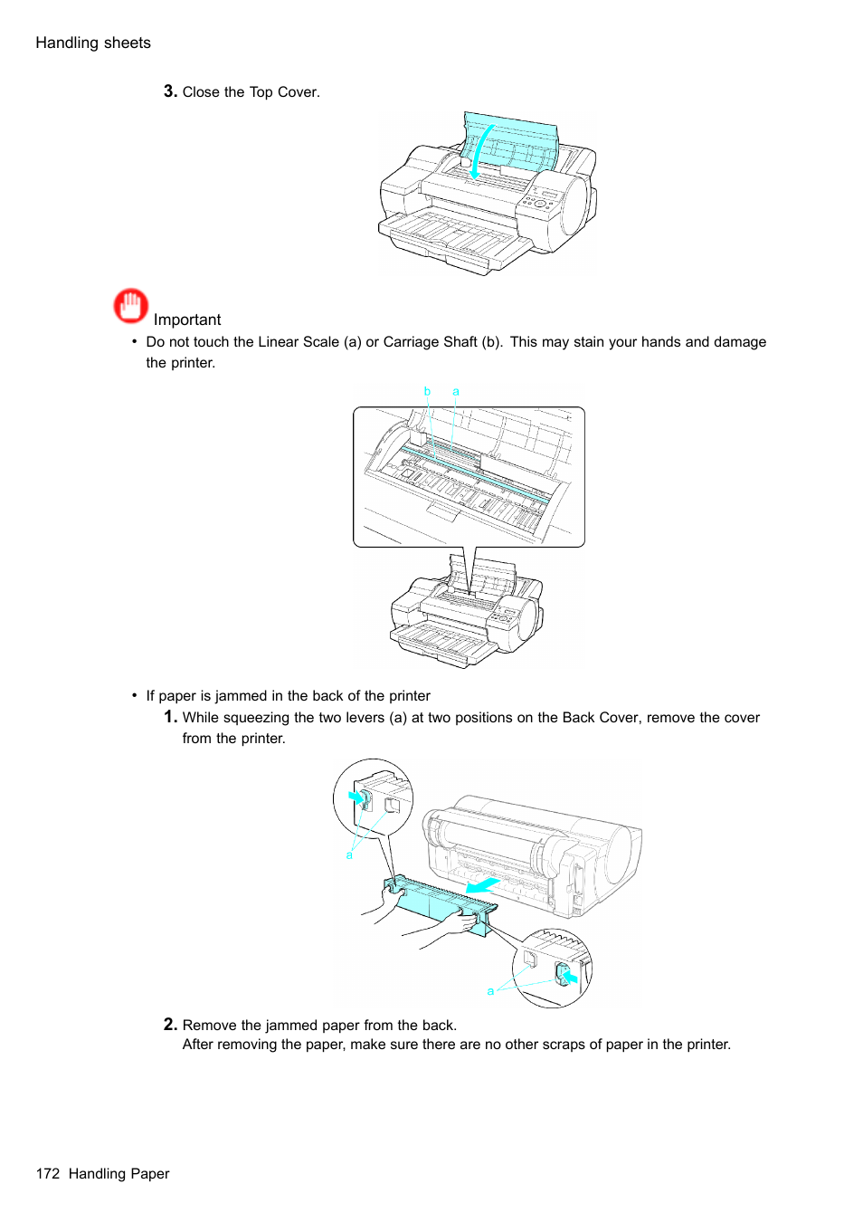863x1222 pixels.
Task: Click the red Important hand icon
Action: coord(131,306)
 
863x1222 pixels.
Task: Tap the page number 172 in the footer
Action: coord(48,1173)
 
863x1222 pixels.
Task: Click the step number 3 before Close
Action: coord(170,91)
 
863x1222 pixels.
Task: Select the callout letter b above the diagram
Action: coord(427,391)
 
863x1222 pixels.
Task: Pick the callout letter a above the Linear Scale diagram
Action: coord(456,392)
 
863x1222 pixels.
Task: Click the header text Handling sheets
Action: coord(93,43)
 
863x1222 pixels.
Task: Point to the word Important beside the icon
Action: coord(187,320)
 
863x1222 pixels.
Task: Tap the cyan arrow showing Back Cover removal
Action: coord(483,883)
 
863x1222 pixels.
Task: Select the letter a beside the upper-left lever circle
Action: coord(349,855)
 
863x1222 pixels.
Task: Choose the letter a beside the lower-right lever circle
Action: coord(490,991)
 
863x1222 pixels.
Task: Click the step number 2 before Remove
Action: coord(170,1024)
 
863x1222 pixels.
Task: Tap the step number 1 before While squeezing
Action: coord(170,717)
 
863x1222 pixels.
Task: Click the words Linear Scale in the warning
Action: coord(299,341)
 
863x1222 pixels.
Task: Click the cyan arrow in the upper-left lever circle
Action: coord(358,797)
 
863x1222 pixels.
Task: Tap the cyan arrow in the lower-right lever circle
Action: coord(568,976)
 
